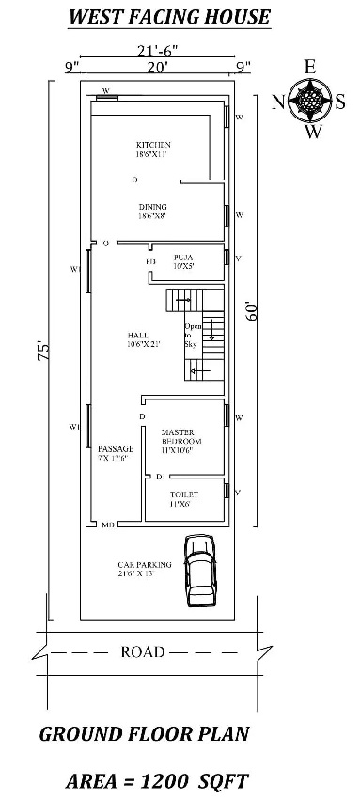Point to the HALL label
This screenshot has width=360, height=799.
[138, 339]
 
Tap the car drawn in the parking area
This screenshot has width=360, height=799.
[200, 570]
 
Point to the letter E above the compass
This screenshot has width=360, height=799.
[309, 66]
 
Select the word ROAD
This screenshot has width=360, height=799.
[142, 651]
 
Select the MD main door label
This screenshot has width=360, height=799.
[108, 525]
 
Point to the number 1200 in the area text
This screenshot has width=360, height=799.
[201, 780]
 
